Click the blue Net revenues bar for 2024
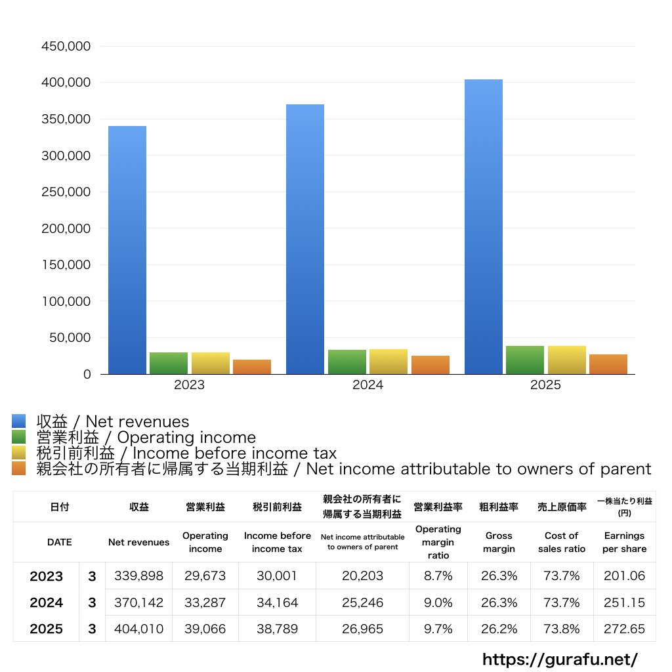(x=305, y=239)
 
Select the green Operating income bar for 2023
(x=169, y=363)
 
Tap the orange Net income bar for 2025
(x=608, y=364)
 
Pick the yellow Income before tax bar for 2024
(x=388, y=362)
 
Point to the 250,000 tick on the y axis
(x=66, y=192)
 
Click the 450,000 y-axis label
(x=66, y=46)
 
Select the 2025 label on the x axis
(x=545, y=385)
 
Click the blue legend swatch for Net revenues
(x=19, y=421)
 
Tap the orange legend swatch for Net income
(x=19, y=469)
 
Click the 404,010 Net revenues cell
(x=139, y=629)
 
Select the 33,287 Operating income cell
(x=205, y=602)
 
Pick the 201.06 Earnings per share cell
(x=625, y=576)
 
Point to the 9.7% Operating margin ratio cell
(x=438, y=629)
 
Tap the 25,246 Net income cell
(x=362, y=602)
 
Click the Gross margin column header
(x=499, y=542)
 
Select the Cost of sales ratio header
(x=562, y=542)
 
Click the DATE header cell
(x=60, y=542)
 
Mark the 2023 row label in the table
(x=47, y=576)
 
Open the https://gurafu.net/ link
(x=560, y=659)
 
